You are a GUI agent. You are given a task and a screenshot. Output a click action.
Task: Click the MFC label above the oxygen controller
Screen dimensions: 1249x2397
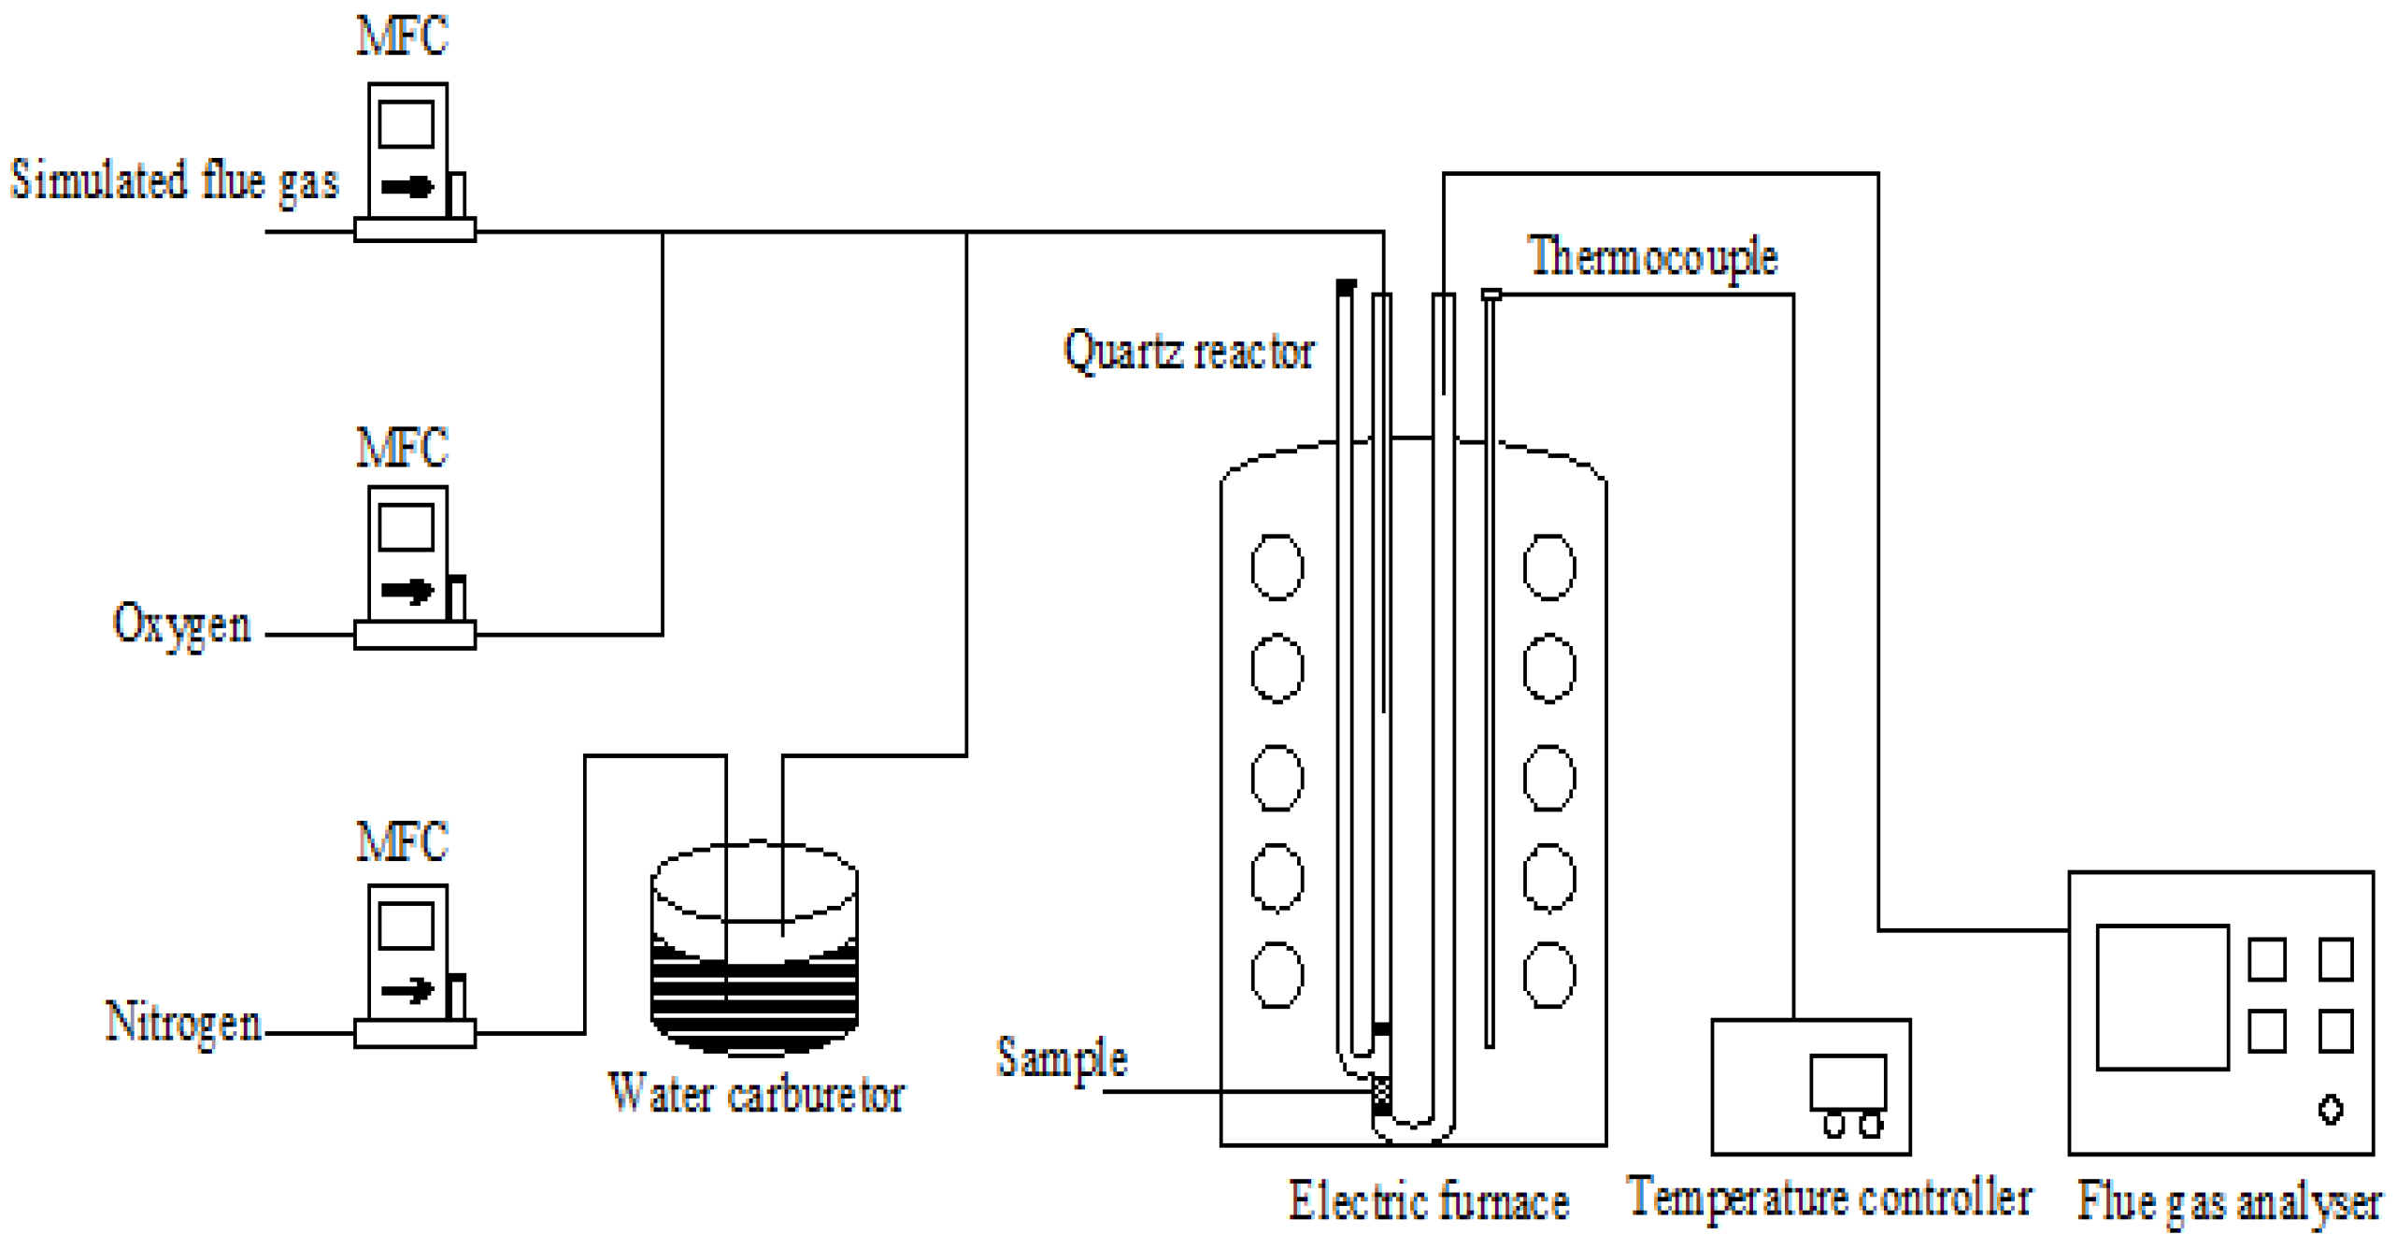pyautogui.click(x=402, y=448)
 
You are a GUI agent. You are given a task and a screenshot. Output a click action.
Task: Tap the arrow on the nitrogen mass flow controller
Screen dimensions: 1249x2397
pyautogui.click(x=407, y=989)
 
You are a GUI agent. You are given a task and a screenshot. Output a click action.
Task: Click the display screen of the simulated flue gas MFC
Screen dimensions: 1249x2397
pyautogui.click(x=406, y=123)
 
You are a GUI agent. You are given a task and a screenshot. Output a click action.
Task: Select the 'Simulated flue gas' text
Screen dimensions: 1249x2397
pyautogui.click(x=174, y=180)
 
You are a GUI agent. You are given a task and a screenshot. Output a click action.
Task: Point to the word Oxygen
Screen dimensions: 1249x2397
pyautogui.click(x=181, y=624)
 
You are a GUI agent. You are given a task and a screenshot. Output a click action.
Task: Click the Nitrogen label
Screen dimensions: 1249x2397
pyautogui.click(x=183, y=1022)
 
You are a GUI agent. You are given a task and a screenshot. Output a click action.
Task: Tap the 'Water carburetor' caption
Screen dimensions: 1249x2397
pyautogui.click(x=755, y=1094)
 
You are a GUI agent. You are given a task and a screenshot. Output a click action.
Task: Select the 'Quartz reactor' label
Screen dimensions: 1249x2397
pyautogui.click(x=1188, y=352)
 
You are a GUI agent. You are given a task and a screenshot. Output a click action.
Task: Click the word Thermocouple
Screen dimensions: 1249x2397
pyautogui.click(x=1652, y=257)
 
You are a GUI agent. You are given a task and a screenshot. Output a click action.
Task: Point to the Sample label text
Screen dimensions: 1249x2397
pyautogui.click(x=1062, y=1057)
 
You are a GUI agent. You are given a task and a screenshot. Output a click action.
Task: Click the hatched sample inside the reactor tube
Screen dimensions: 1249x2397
pyautogui.click(x=1382, y=1091)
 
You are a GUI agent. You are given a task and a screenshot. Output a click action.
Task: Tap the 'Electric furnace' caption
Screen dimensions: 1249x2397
pyautogui.click(x=1428, y=1201)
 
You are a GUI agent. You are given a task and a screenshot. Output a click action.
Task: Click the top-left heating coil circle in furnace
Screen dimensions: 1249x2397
pyautogui.click(x=1277, y=567)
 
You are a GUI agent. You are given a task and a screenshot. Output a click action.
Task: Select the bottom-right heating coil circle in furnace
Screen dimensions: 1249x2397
pyautogui.click(x=1548, y=975)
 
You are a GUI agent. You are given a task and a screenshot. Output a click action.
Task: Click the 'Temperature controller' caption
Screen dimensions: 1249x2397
pyautogui.click(x=1828, y=1199)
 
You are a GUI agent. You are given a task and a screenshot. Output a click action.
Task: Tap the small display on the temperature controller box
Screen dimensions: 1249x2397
pyautogui.click(x=1847, y=1082)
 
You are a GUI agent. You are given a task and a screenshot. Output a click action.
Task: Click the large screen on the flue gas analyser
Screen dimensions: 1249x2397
pyautogui.click(x=2162, y=997)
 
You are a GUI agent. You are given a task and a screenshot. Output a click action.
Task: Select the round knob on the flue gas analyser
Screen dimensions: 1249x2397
pyautogui.click(x=2330, y=1110)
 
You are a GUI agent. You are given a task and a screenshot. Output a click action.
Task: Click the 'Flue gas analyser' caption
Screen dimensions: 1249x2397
pyautogui.click(x=2228, y=1202)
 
